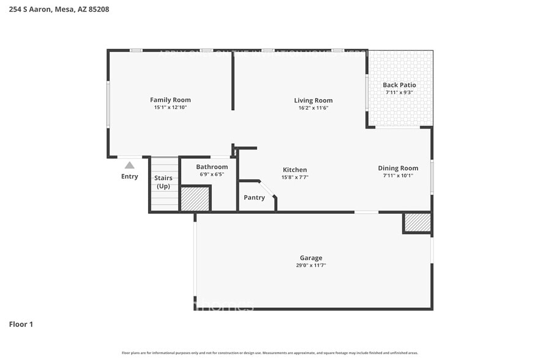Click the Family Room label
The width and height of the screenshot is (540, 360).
click(x=170, y=100)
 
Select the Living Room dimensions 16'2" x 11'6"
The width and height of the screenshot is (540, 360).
click(x=313, y=108)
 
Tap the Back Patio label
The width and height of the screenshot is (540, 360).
click(x=399, y=85)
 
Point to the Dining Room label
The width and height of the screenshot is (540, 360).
click(x=398, y=168)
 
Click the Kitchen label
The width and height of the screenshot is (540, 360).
click(x=294, y=170)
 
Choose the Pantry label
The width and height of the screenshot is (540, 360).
click(x=254, y=197)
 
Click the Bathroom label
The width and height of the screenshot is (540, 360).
click(x=212, y=167)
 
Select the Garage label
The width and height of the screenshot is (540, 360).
click(x=311, y=258)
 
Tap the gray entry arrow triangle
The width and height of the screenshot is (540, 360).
click(x=129, y=165)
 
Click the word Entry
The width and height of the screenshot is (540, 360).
click(x=129, y=176)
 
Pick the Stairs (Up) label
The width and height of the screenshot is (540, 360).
click(x=163, y=182)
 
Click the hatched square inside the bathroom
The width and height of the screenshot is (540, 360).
click(x=195, y=198)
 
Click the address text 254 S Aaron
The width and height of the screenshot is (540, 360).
click(x=30, y=9)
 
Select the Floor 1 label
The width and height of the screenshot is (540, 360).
click(x=21, y=324)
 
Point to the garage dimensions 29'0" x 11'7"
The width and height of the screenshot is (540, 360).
click(x=311, y=266)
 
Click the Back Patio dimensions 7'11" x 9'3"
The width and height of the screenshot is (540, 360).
click(x=399, y=92)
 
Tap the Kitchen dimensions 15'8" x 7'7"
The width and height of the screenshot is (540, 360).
click(x=294, y=178)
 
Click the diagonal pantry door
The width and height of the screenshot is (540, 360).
click(x=268, y=189)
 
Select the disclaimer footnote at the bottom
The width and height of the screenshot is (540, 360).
click(x=269, y=353)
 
